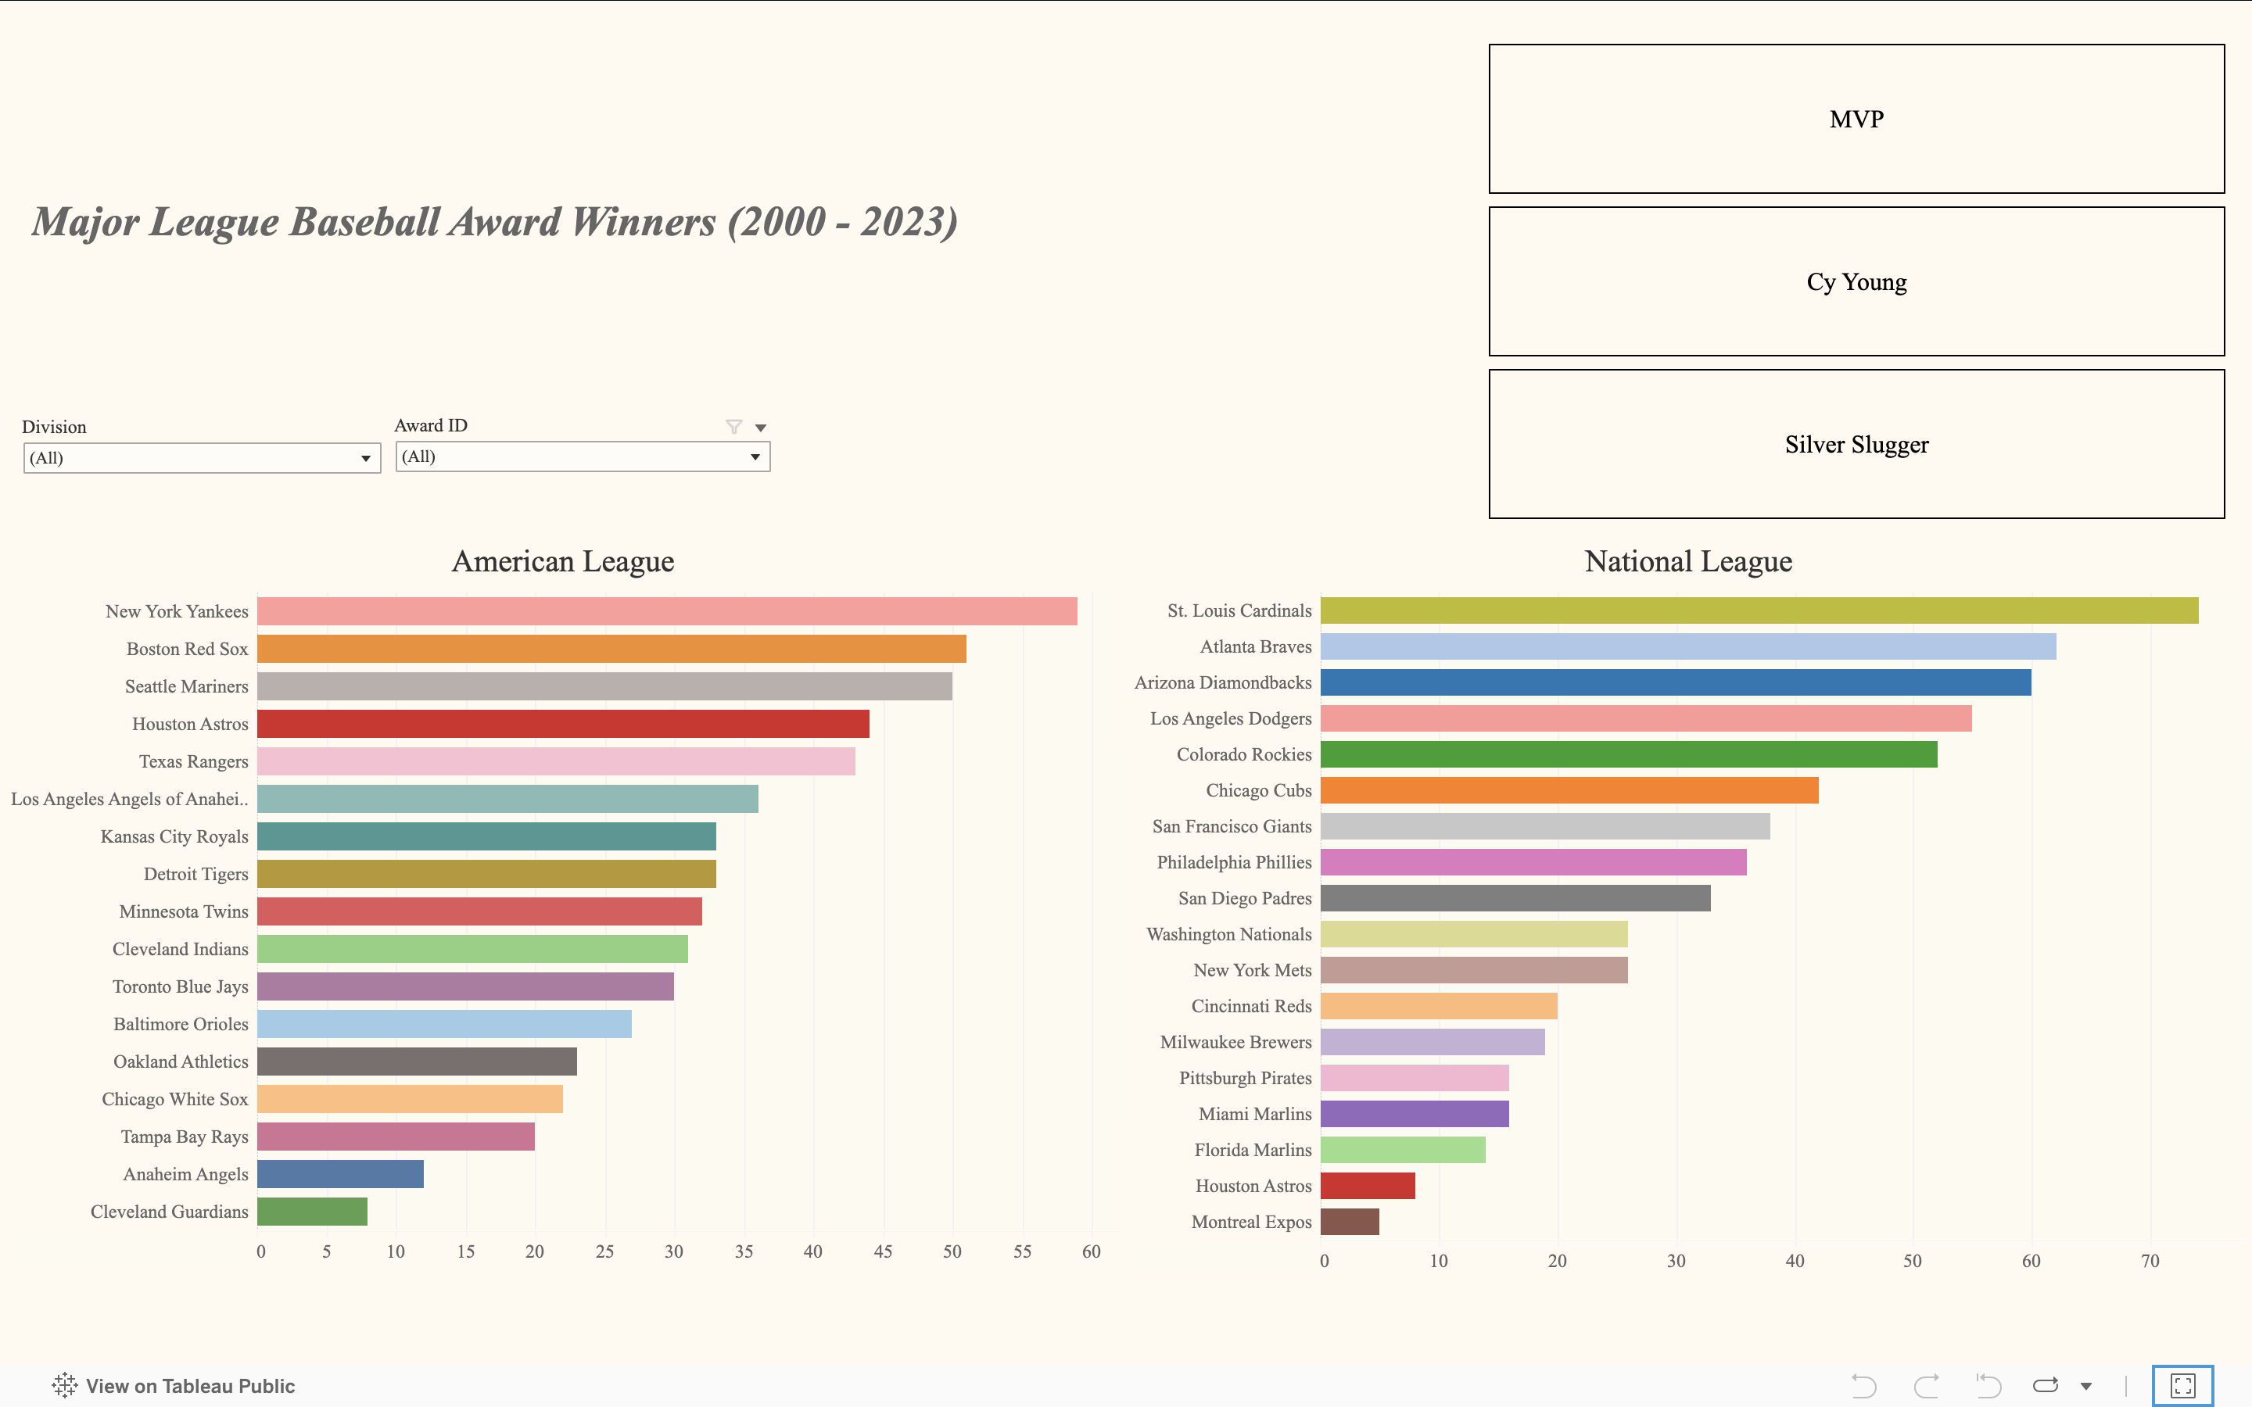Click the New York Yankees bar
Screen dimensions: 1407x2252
(x=666, y=611)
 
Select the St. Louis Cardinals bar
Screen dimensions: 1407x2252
(x=1759, y=610)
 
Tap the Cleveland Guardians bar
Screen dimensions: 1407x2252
(x=312, y=1212)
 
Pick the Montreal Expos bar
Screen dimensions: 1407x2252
(x=1350, y=1222)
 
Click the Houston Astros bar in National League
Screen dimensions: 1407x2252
(x=1367, y=1186)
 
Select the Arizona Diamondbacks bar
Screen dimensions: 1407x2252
(x=1675, y=682)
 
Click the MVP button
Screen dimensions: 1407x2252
(x=1856, y=119)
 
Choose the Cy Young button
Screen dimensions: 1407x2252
(x=1856, y=282)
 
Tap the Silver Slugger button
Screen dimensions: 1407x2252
(x=1856, y=445)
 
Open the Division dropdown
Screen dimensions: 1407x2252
(x=201, y=458)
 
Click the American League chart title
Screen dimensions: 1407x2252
(x=562, y=561)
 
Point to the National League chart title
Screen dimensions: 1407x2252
(x=1687, y=561)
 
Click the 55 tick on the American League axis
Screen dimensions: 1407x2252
(x=1022, y=1251)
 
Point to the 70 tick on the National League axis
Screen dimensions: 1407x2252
(x=2149, y=1261)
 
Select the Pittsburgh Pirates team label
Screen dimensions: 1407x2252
(x=1244, y=1078)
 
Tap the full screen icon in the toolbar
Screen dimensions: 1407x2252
(x=2182, y=1386)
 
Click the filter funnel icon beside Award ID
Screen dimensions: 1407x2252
(x=733, y=426)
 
